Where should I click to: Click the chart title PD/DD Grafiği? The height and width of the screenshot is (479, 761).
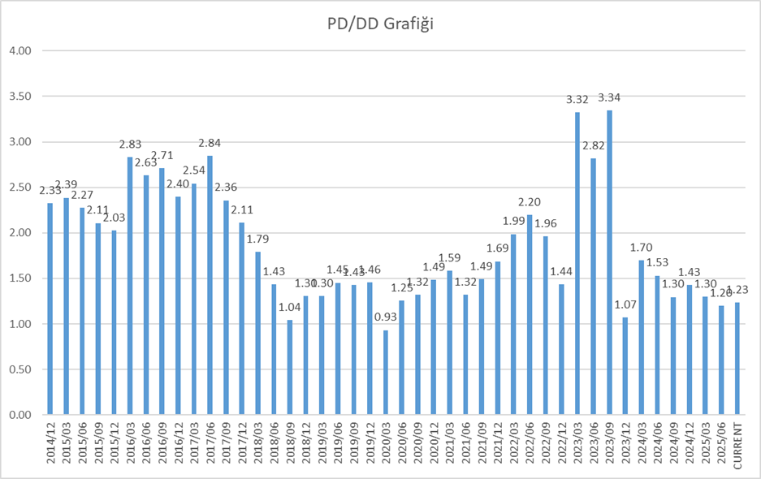tap(379, 25)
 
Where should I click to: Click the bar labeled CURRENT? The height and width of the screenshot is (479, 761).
tap(737, 358)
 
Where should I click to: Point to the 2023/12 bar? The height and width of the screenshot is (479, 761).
tap(625, 365)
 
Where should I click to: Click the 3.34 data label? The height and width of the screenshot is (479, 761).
tap(609, 98)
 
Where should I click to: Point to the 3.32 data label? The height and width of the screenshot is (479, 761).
tap(577, 100)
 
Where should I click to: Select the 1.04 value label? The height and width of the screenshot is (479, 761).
tap(290, 308)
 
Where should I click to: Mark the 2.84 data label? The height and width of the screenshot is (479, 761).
tap(210, 144)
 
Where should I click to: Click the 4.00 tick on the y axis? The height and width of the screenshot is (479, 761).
tap(19, 51)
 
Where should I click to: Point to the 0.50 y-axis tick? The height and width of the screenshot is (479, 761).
tap(19, 369)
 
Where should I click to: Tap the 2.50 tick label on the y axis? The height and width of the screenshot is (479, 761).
tap(19, 188)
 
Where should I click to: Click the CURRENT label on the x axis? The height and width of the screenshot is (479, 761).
tap(737, 446)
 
